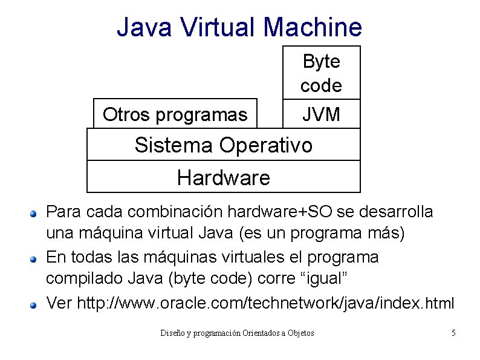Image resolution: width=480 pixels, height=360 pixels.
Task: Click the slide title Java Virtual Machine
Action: tap(239, 27)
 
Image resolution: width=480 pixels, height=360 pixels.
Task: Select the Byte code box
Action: tap(321, 73)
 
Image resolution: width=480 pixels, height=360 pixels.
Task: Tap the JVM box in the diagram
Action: tap(321, 114)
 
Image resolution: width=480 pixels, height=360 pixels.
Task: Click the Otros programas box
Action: tap(175, 114)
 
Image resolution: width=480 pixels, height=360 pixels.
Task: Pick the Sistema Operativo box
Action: tap(224, 145)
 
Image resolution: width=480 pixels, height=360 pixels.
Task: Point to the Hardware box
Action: tap(224, 177)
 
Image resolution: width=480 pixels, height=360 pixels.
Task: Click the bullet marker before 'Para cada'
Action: tap(35, 214)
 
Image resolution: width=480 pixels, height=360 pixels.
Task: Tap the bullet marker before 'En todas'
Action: tap(35, 259)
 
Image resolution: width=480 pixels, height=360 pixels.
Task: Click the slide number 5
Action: tap(453, 333)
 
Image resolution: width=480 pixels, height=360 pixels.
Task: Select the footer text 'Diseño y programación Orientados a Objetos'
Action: tap(237, 333)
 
